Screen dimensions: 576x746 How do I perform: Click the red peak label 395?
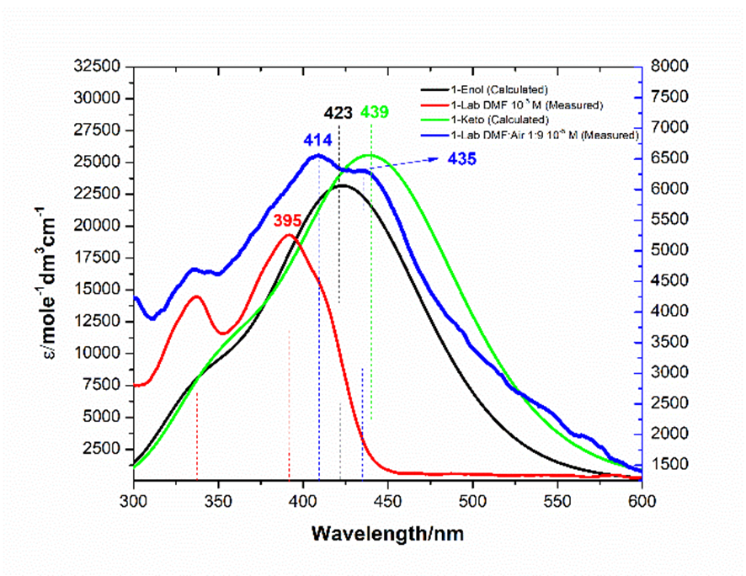[288, 220]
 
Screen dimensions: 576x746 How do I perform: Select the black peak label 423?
[339, 113]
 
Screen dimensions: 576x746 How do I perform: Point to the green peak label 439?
[376, 112]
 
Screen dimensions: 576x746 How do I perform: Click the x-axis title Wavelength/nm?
[387, 533]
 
